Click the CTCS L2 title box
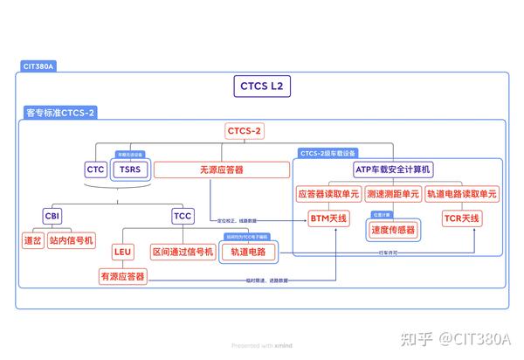point(262,87)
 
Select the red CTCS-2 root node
point(245,131)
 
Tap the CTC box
point(95,169)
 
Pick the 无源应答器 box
point(222,169)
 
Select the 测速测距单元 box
point(393,194)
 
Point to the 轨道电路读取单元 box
point(462,194)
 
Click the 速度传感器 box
point(393,230)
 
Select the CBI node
point(52,215)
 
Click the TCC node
point(183,215)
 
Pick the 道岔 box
point(32,239)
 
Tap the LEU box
point(123,252)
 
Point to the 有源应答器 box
point(123,276)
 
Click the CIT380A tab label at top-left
point(38,66)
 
